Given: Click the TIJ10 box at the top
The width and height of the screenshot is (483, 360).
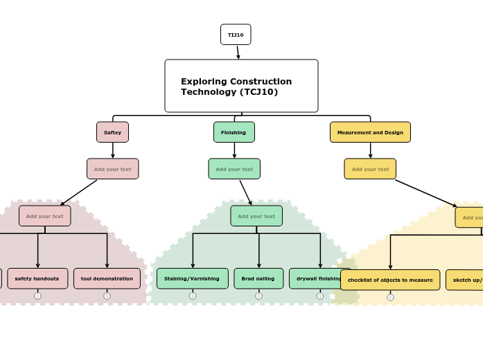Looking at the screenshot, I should point(236,35).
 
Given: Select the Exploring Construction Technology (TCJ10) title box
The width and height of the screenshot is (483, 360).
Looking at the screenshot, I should point(241,86).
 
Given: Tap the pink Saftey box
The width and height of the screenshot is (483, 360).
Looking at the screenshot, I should point(112,132).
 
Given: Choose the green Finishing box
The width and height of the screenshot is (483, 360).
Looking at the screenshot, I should point(234,132).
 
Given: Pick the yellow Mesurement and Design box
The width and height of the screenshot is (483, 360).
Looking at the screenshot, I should point(370,132).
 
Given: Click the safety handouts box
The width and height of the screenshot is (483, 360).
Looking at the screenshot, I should point(37,278).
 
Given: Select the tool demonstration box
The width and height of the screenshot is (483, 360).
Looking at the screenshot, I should point(107,278).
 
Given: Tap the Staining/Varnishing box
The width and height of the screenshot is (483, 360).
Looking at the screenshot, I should point(192,278).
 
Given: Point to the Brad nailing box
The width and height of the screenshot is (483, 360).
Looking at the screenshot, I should point(258,278).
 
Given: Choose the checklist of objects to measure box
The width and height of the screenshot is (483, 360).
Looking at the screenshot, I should point(390,280).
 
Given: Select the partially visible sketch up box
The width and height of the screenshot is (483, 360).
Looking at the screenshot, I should point(465,280).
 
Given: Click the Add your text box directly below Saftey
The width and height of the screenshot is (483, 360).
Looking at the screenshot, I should point(112,169).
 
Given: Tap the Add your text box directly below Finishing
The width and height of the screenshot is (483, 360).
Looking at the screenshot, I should point(234,169).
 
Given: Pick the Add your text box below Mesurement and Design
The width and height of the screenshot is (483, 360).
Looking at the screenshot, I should point(370,169).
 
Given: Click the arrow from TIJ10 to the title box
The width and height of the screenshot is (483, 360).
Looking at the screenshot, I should point(238,53).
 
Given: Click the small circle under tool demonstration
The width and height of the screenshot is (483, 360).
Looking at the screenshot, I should point(107,296).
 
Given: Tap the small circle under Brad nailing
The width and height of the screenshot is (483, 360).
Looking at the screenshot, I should point(258,296).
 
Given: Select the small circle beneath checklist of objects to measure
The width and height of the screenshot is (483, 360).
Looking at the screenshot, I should point(390,297).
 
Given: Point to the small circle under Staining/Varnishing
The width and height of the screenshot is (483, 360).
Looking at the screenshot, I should point(192,296).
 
